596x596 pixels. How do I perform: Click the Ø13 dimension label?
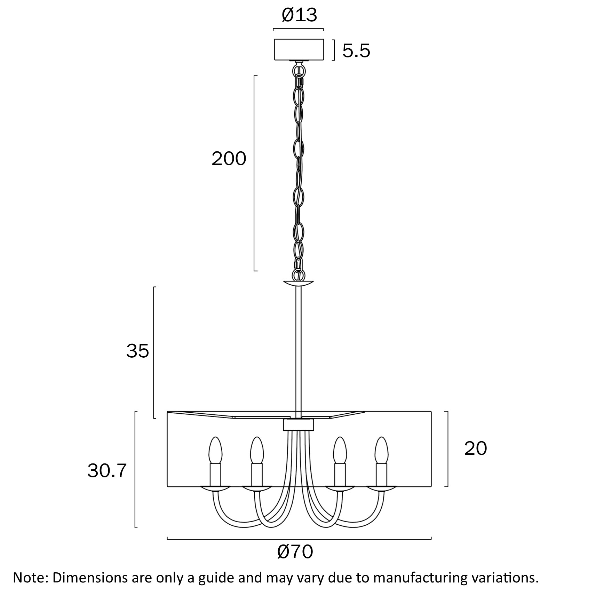point(299,15)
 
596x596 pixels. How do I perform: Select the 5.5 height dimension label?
point(356,51)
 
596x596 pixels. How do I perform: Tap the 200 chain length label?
point(229,159)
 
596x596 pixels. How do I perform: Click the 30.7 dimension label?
point(106,471)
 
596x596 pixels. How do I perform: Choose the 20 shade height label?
point(476,448)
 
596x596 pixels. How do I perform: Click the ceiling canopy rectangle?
point(299,49)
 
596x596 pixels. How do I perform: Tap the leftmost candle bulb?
point(215,451)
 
